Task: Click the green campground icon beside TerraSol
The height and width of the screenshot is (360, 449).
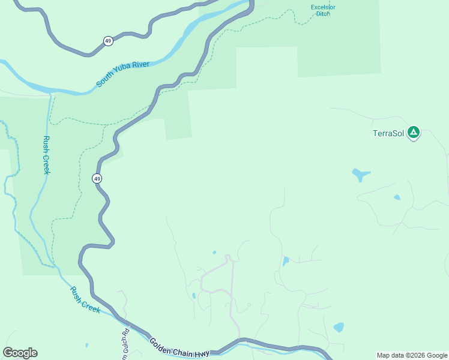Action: coord(413,133)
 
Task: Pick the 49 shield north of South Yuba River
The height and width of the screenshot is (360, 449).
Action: coord(108,41)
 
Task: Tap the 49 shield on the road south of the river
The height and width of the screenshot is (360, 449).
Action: coord(97,178)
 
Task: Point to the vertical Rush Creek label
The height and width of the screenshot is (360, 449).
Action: coord(46,155)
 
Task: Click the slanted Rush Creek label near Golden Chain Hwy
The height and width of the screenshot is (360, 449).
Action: coord(85,299)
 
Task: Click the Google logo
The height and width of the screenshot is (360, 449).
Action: coord(20,353)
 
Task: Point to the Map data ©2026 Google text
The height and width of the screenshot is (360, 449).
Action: coord(412,355)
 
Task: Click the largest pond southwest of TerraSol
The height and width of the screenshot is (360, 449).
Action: coord(360,175)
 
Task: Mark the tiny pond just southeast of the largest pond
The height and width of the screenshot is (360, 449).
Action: coord(397,197)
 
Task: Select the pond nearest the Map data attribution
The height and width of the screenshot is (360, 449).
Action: coord(339,328)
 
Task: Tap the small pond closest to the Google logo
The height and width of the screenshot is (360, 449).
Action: coord(86,346)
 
